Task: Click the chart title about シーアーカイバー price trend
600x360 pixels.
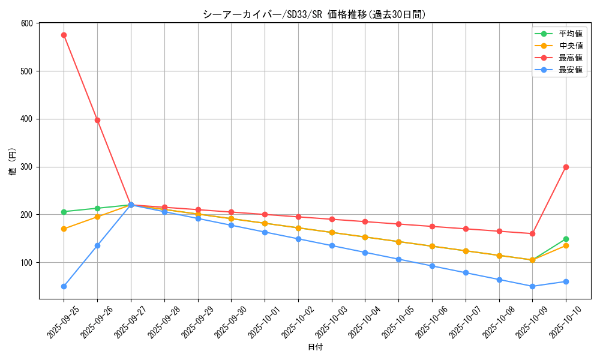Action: point(314,14)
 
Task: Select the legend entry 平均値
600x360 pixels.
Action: point(570,34)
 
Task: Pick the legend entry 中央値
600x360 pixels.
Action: point(570,46)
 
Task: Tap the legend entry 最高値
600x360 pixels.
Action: point(570,58)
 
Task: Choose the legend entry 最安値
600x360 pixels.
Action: point(570,70)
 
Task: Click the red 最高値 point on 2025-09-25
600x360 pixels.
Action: point(64,35)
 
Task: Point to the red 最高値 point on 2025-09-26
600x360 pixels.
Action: point(97,120)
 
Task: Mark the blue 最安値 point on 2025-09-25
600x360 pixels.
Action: point(64,286)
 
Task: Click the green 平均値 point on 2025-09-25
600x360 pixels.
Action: point(64,212)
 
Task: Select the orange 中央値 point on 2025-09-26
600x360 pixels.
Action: point(97,217)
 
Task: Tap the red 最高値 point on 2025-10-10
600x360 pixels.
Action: point(566,167)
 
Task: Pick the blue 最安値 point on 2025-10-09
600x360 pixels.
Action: point(532,286)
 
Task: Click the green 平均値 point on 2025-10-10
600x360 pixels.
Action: point(566,239)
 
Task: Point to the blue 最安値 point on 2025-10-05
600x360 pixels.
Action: point(398,259)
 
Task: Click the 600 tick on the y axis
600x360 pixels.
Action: point(27,23)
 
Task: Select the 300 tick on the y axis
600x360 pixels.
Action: point(27,167)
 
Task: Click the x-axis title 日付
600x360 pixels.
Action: point(314,347)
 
